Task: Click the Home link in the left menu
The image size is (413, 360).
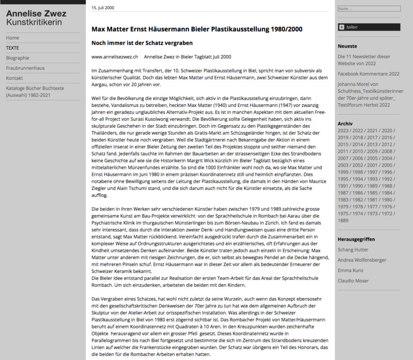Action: [13, 38]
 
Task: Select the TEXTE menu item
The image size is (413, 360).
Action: [12, 48]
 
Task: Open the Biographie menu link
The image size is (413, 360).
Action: [18, 58]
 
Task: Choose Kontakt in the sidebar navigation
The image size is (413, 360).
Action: [14, 78]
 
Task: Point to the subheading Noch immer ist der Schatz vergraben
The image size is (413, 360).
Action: [142, 42]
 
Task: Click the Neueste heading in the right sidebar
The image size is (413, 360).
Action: [347, 46]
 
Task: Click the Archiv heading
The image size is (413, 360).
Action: [345, 124]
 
